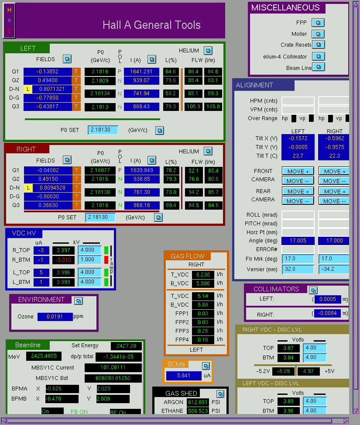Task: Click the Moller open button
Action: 318,34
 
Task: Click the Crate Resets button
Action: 319,45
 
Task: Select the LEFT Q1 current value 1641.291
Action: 141,72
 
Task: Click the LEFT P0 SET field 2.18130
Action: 103,130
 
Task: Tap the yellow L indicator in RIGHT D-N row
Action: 28,187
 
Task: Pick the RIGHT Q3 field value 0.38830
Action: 48,205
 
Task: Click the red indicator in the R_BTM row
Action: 106,259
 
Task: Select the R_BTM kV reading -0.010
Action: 63,259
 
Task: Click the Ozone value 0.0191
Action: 55,317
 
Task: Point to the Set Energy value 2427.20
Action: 126,346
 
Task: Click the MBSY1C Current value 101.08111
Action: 113,367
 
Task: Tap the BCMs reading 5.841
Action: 184,376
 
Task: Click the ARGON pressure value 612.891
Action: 198,402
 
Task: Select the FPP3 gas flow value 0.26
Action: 203,331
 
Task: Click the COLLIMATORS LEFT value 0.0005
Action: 328,299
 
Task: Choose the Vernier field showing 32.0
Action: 298,269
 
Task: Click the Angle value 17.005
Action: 298,241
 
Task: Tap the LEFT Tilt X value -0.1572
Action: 298,138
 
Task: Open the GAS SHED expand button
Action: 220,394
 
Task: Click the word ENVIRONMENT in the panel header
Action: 41,300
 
